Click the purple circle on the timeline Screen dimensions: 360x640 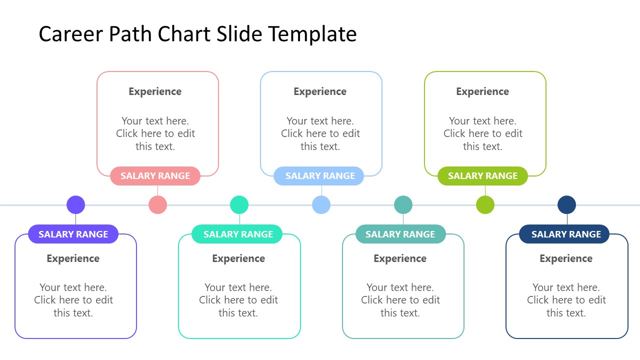point(76,205)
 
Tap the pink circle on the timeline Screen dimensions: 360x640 point(157,205)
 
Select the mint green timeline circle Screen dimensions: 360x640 point(239,205)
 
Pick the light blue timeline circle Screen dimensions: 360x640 point(321,205)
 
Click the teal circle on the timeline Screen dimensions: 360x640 point(403,205)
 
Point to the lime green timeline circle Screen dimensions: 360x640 point(485,205)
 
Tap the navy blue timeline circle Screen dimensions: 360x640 point(566,205)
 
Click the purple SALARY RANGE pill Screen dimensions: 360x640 point(73,234)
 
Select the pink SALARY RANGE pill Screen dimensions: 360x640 point(155,176)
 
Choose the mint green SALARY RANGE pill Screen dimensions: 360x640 point(237,234)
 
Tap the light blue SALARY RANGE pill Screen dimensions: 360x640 point(319,176)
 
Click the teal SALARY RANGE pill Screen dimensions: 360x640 point(400,234)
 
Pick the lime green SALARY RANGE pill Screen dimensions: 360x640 point(482,176)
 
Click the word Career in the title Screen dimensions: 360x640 point(68,34)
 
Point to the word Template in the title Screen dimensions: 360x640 point(312,34)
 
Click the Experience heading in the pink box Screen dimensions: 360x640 point(155,91)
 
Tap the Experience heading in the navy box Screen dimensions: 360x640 point(566,258)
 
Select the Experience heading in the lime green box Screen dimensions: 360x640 point(482,91)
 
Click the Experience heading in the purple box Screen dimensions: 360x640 point(73,258)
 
